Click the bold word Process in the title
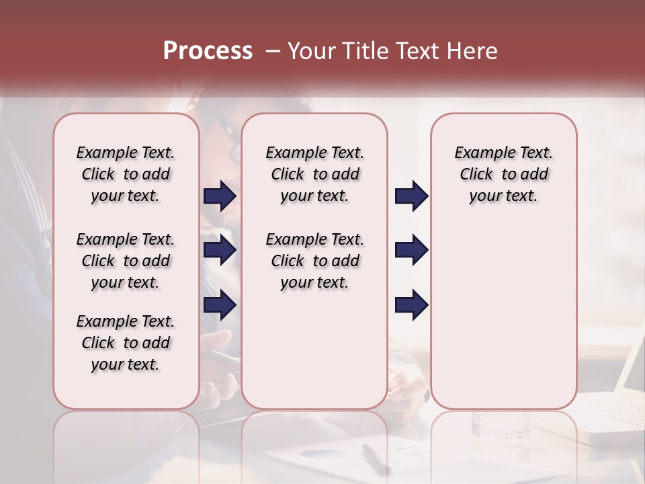(x=208, y=51)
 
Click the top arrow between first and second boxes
(x=220, y=196)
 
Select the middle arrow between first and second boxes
(x=220, y=251)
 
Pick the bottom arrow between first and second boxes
(x=220, y=305)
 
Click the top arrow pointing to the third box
(x=411, y=196)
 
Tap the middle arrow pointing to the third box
(x=411, y=251)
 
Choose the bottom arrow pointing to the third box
(x=411, y=305)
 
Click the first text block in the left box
(x=126, y=174)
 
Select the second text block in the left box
(x=126, y=261)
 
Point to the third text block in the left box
(x=126, y=343)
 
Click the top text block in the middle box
(x=314, y=174)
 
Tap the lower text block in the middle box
(x=314, y=261)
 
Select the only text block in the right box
(x=503, y=174)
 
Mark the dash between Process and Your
(x=272, y=51)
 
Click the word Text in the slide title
(x=416, y=51)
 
